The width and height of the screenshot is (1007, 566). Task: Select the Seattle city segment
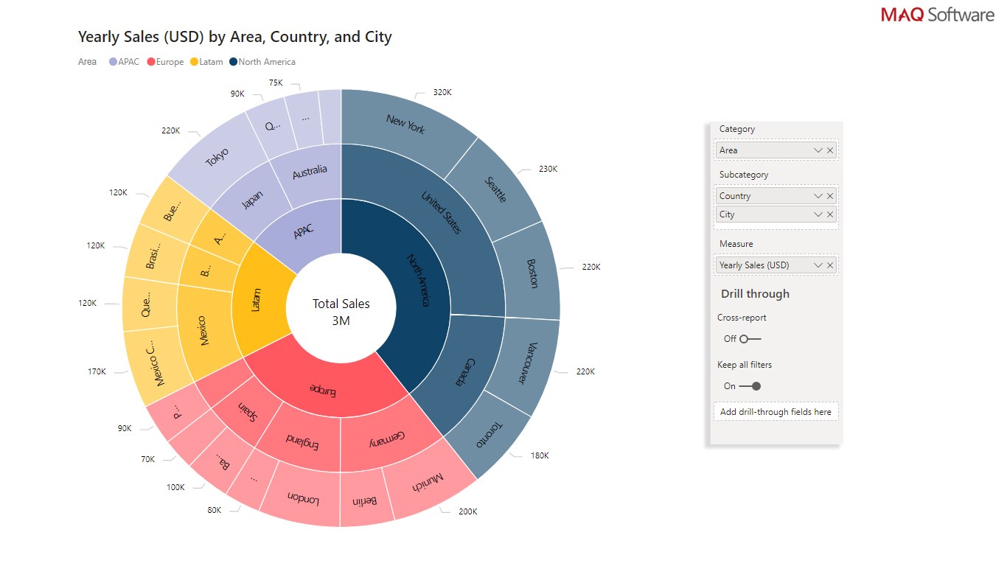click(x=495, y=189)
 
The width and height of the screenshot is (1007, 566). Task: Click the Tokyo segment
click(x=217, y=157)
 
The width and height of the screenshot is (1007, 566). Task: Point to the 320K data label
click(x=442, y=93)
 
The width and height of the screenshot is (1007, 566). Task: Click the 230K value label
click(x=548, y=169)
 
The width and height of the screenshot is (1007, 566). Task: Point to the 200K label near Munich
click(x=467, y=511)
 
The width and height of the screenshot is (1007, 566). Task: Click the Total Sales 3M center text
click(x=341, y=312)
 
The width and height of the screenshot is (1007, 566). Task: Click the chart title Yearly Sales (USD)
click(x=234, y=37)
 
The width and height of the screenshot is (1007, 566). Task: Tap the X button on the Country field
click(x=830, y=196)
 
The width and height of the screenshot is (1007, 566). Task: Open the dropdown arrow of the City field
click(x=818, y=214)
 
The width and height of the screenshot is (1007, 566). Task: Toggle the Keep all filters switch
click(x=750, y=386)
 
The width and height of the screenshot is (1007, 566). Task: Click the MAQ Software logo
click(x=937, y=15)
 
